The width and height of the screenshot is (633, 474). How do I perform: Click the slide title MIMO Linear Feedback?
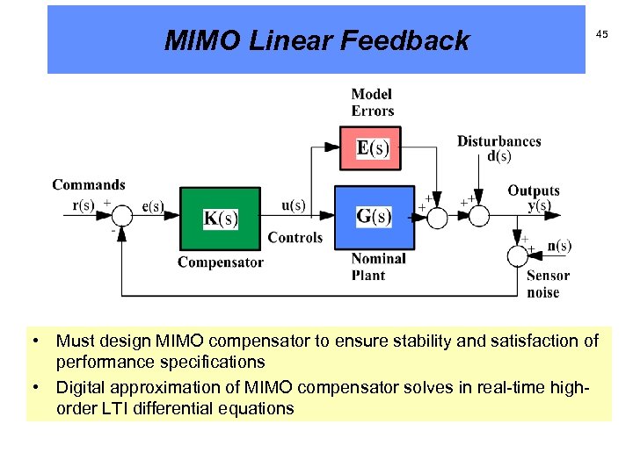point(316,40)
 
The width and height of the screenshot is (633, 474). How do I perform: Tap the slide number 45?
point(601,33)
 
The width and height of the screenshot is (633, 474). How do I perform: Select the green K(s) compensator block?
point(221,219)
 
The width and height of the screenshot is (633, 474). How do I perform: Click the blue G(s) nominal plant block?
point(374,217)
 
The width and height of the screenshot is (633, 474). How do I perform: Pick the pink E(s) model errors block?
point(373,148)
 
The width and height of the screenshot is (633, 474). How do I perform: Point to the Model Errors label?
point(372,103)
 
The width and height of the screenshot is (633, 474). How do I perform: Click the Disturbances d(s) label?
point(498,148)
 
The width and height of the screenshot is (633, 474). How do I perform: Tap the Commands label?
point(89,184)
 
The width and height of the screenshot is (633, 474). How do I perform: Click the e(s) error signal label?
point(152,206)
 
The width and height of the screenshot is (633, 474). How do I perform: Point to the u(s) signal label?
point(294,205)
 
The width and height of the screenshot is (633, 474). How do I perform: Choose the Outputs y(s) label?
point(533,197)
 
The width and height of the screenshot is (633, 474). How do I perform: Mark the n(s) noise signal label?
point(559,246)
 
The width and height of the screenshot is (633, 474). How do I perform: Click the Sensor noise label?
point(548,284)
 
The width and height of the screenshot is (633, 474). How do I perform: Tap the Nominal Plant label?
point(378,267)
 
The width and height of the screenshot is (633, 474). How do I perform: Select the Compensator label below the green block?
point(221,262)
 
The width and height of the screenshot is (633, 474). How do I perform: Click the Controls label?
point(295,238)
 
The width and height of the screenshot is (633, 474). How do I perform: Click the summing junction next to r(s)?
point(121,217)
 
